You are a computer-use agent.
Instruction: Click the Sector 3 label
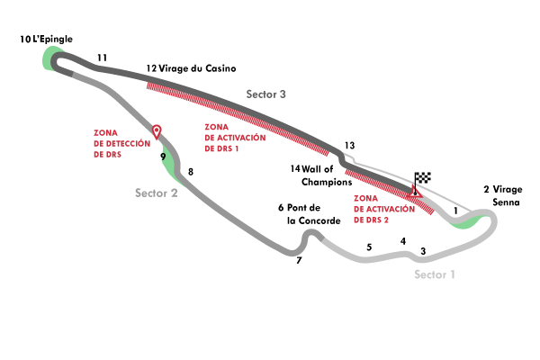click(266, 94)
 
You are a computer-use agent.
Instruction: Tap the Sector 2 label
click(156, 193)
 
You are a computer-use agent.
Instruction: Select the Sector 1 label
click(435, 274)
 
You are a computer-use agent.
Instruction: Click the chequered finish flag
click(423, 177)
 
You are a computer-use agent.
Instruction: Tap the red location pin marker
click(157, 131)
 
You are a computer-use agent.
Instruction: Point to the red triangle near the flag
click(415, 191)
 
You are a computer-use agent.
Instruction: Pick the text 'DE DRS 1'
click(222, 148)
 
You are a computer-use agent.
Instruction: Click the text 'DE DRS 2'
click(372, 220)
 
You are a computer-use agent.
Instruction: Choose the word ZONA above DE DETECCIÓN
click(105, 132)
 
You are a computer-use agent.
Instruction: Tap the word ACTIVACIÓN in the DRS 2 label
click(384, 209)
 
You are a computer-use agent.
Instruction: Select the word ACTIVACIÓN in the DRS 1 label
click(235, 138)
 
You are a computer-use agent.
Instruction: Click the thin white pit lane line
click(450, 197)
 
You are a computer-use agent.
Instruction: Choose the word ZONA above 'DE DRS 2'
click(365, 198)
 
